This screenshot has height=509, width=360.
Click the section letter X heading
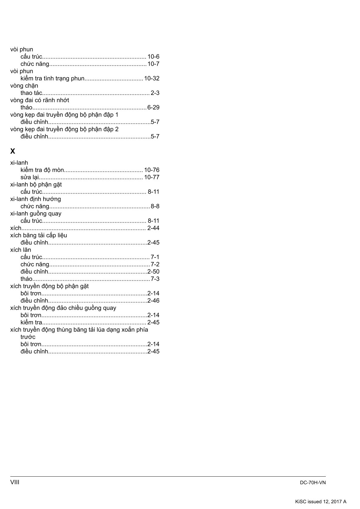(x=13, y=151)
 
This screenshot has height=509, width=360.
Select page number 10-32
(x=152, y=78)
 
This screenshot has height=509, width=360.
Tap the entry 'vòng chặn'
(x=24, y=86)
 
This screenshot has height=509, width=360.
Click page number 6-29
(x=153, y=107)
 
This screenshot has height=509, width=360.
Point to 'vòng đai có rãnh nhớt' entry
(x=40, y=100)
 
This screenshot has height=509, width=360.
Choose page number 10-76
(x=152, y=170)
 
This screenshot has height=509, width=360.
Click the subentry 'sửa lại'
(x=30, y=177)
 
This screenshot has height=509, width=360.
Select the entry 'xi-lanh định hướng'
(x=35, y=199)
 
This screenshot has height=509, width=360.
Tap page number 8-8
(x=155, y=206)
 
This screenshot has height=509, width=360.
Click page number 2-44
(x=153, y=228)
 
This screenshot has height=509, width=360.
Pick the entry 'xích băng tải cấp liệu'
(x=39, y=235)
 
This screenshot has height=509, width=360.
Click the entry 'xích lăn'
(x=21, y=250)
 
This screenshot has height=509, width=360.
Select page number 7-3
(x=155, y=279)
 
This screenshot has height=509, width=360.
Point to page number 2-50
(x=153, y=272)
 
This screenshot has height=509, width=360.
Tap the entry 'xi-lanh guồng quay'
(x=36, y=214)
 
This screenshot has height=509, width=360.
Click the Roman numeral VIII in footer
(x=15, y=482)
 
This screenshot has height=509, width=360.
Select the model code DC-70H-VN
(x=313, y=483)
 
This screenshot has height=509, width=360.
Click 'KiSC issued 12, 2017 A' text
(x=321, y=502)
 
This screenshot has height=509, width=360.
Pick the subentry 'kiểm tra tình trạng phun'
(x=52, y=78)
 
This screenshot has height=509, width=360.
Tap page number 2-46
(x=153, y=301)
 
